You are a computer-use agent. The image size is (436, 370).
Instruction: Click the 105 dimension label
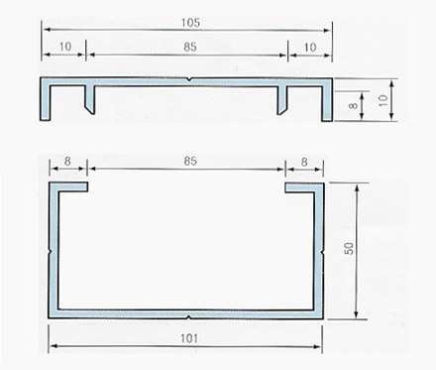click(190, 23)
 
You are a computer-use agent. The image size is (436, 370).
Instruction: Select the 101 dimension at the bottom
click(189, 338)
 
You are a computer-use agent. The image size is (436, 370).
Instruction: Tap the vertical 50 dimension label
click(349, 248)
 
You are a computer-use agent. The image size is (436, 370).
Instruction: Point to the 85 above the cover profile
click(190, 47)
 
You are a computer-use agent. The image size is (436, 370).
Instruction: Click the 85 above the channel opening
click(190, 161)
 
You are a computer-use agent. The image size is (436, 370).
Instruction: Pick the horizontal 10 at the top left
click(65, 47)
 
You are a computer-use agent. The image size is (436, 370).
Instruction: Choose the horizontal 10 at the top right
click(310, 48)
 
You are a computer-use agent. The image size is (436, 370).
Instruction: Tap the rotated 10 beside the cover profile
click(382, 100)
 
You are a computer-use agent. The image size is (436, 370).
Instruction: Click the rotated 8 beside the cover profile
click(354, 106)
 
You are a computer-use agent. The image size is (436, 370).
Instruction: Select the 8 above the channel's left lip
click(67, 161)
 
